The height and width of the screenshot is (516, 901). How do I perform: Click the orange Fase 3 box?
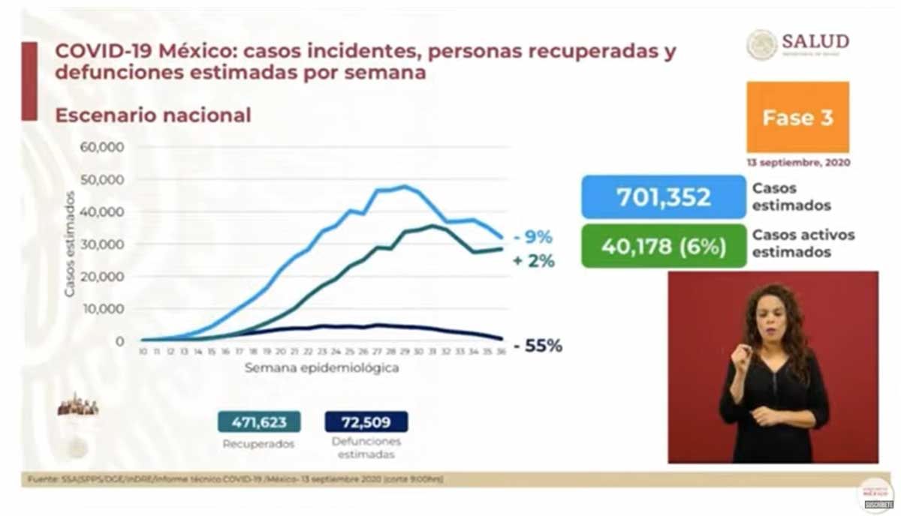(797, 118)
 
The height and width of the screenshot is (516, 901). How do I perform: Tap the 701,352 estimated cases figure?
(664, 197)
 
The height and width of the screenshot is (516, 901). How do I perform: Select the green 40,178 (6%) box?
(664, 246)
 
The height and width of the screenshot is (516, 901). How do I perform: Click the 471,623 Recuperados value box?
(259, 421)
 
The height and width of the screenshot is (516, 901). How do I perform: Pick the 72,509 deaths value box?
(366, 421)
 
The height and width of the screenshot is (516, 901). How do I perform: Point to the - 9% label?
(533, 238)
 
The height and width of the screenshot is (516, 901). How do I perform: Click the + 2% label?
(535, 262)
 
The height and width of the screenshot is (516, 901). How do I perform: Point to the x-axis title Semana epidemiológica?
(321, 368)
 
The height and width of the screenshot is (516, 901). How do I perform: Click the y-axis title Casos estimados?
(69, 244)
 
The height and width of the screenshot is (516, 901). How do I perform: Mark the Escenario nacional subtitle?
(153, 115)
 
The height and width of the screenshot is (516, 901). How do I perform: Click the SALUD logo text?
(815, 40)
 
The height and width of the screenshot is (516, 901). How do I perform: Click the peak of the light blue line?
(405, 186)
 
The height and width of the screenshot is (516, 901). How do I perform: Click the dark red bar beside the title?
(29, 81)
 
